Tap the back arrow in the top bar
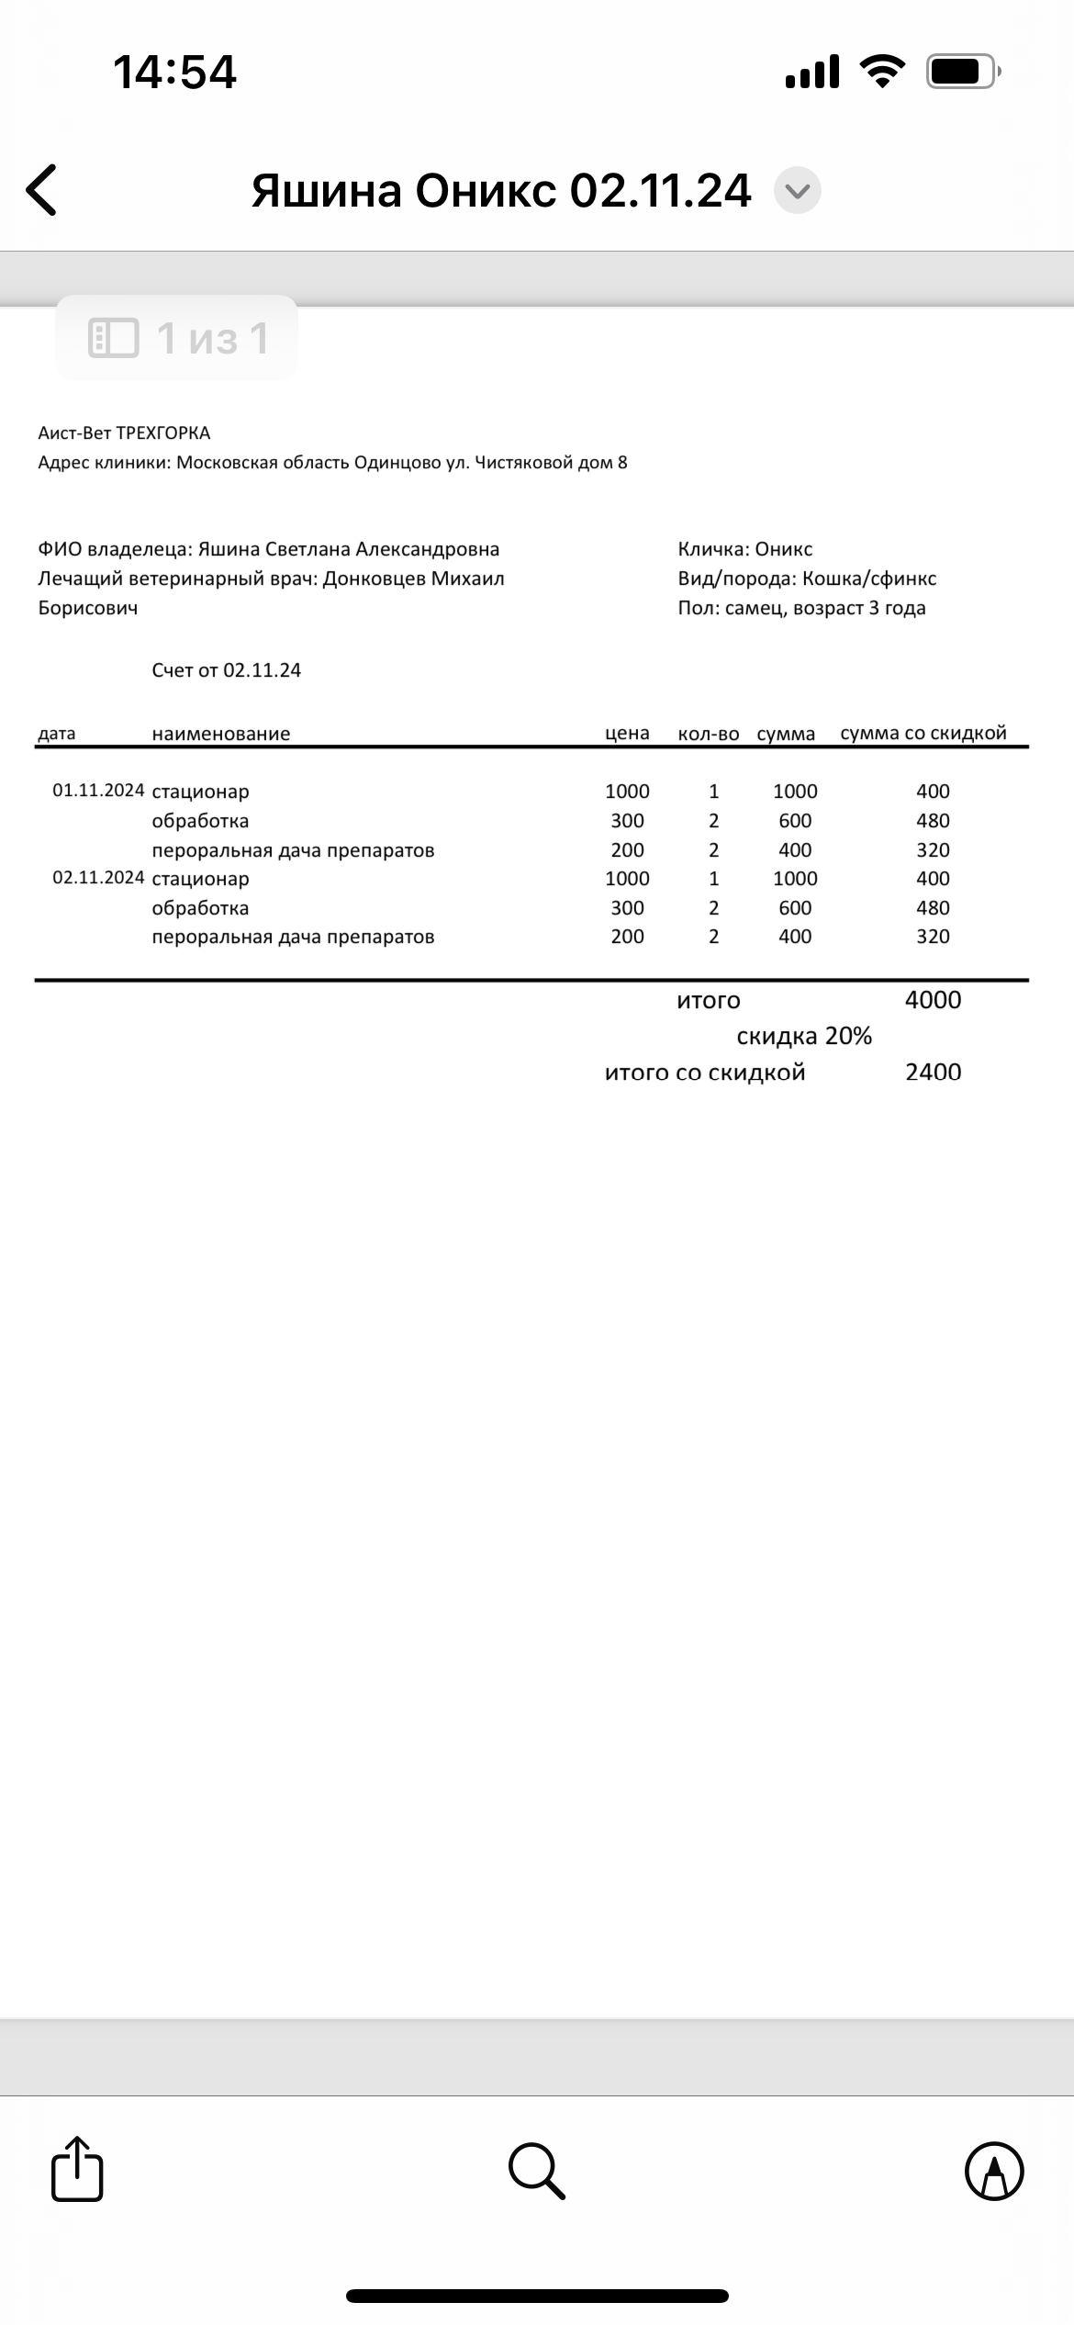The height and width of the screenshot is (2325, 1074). point(42,190)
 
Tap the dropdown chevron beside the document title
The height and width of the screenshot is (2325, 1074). point(797,191)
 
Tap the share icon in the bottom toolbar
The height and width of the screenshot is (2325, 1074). point(77,2170)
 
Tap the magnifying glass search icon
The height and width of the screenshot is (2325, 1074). point(536,2171)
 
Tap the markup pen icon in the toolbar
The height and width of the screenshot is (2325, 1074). point(994,2171)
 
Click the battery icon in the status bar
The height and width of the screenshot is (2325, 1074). point(962,72)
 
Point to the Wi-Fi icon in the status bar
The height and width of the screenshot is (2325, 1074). point(881,72)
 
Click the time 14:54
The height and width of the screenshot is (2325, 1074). point(174,72)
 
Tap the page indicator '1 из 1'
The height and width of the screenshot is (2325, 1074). point(178,338)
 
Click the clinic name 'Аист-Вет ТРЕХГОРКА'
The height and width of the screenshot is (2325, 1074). point(124,432)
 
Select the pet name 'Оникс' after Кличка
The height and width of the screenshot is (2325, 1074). point(784,549)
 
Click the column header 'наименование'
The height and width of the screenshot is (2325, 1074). point(221,734)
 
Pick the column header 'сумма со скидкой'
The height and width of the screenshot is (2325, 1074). point(923,733)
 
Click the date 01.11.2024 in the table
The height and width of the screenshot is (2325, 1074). point(98,791)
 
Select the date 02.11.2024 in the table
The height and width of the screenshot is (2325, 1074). point(98,878)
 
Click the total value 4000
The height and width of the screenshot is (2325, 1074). point(933,1000)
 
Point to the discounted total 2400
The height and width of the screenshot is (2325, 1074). point(933,1072)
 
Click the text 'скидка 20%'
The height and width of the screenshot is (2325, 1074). point(804,1036)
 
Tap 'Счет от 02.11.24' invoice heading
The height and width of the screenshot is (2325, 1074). point(227,670)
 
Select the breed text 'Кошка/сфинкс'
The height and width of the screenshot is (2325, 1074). point(869,578)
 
